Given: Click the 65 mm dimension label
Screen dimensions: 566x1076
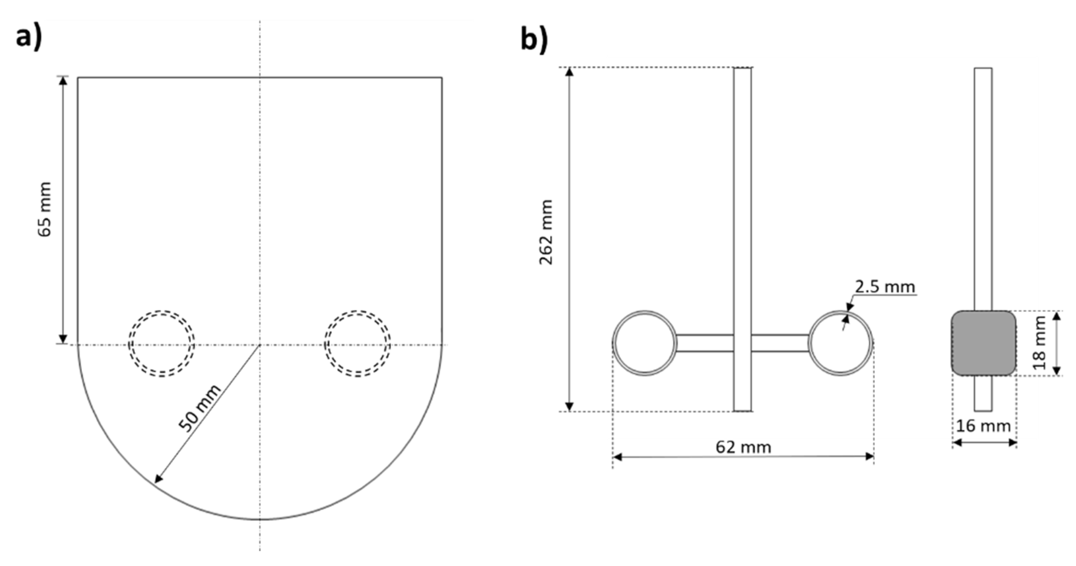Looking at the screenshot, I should [x=45, y=209].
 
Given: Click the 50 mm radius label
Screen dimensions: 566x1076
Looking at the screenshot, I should [x=200, y=408].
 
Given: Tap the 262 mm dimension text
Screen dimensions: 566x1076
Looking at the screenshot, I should [x=546, y=232].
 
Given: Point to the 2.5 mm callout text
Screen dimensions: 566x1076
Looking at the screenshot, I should [x=885, y=287].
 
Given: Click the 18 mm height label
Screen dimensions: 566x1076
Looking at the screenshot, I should [x=1039, y=343].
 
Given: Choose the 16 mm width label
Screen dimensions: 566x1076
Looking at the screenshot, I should [x=983, y=427].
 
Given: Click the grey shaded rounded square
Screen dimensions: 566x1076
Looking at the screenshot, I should [x=984, y=343].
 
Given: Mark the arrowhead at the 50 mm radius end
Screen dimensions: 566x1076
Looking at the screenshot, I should [x=158, y=479].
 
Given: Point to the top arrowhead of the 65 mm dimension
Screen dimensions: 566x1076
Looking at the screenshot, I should [x=63, y=81].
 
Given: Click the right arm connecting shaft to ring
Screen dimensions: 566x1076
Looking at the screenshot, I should [x=780, y=343].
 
